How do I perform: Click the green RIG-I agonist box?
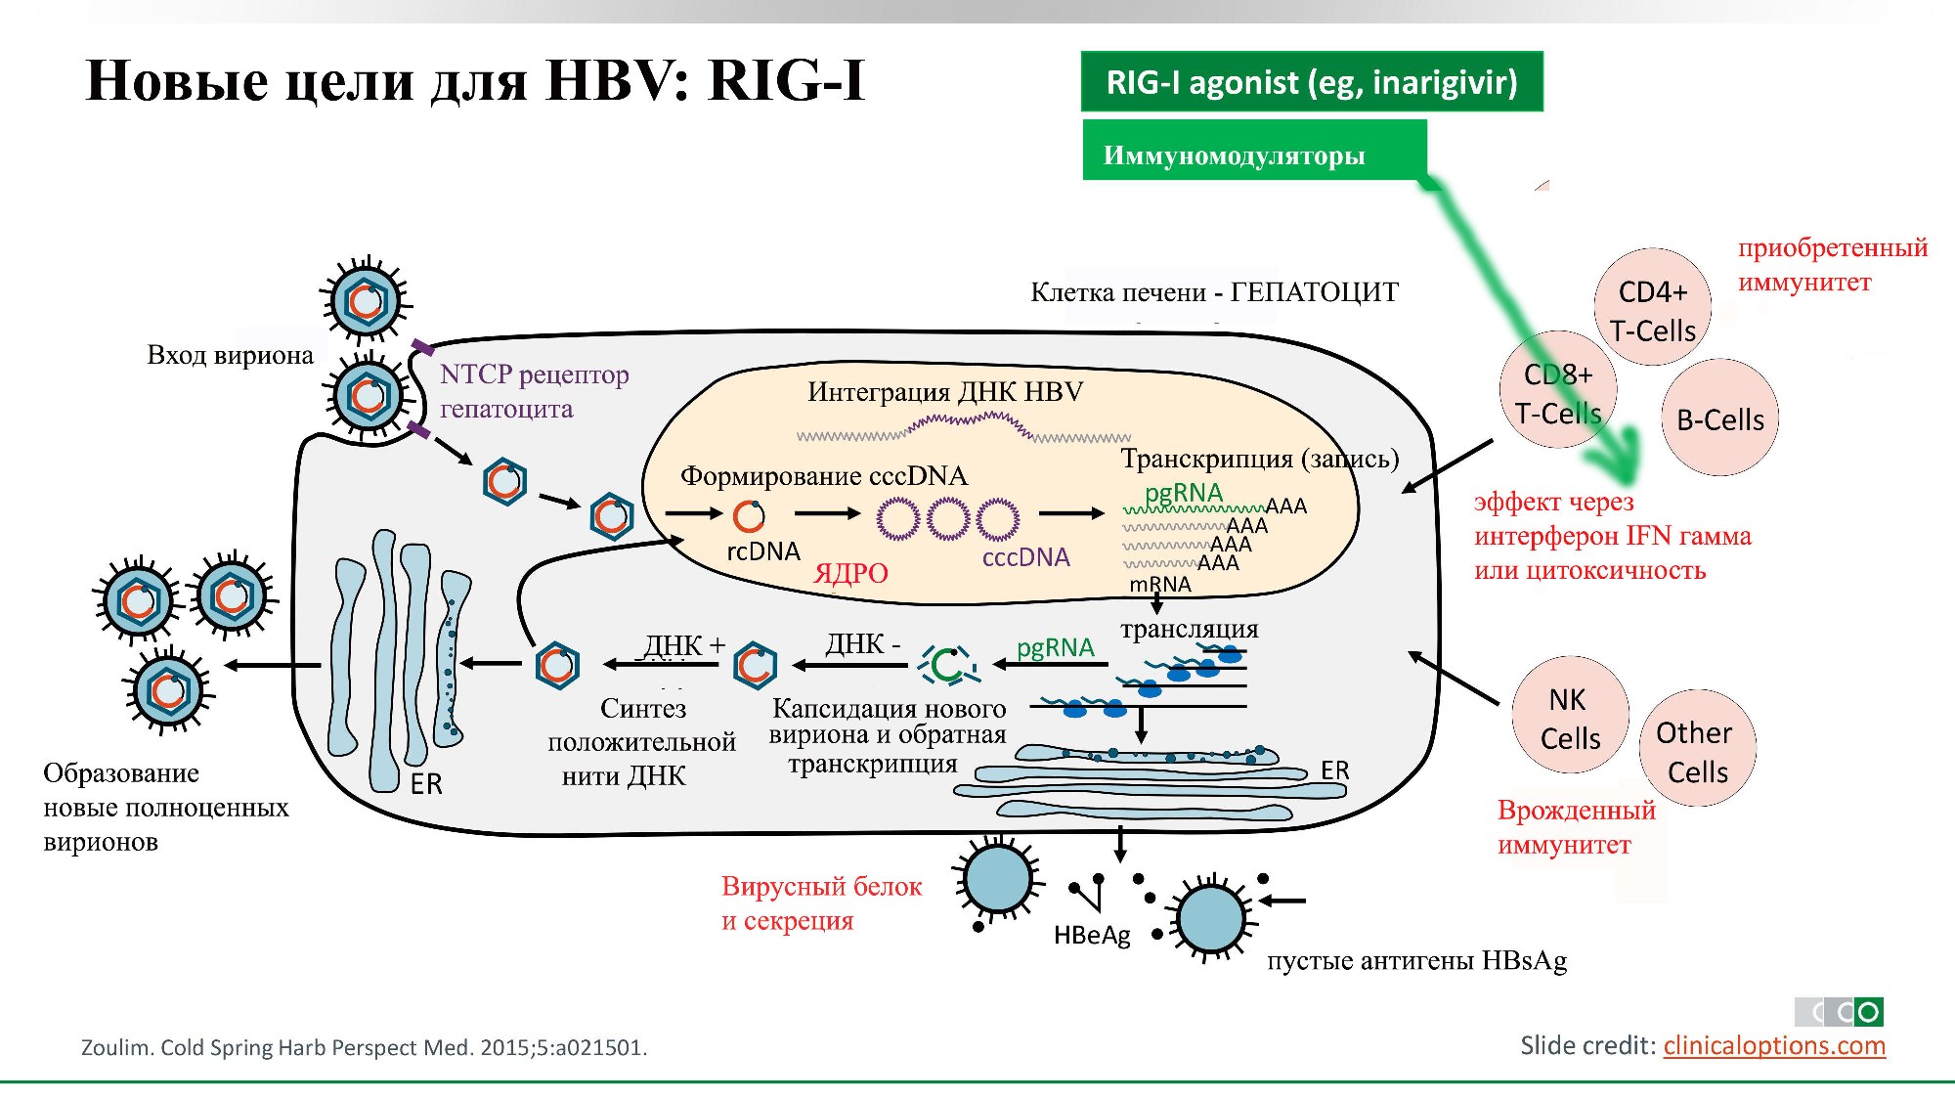pyautogui.click(x=1311, y=82)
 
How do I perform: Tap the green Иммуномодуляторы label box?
pyautogui.click(x=1253, y=153)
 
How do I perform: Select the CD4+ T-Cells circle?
pyautogui.click(x=1653, y=309)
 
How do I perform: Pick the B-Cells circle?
pyautogui.click(x=1720, y=418)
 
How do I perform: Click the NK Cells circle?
pyautogui.click(x=1570, y=717)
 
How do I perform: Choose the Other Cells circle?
pyautogui.click(x=1697, y=750)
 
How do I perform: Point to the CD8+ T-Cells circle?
pyautogui.click(x=1557, y=391)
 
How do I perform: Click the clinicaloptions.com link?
pyautogui.click(x=1773, y=1045)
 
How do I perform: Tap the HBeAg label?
pyautogui.click(x=1092, y=936)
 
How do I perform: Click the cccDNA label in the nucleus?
pyautogui.click(x=1025, y=557)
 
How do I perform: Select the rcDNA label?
pyautogui.click(x=763, y=551)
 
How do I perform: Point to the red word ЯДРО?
pyautogui.click(x=850, y=573)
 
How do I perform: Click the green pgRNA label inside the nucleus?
pyautogui.click(x=1184, y=493)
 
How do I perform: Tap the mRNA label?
pyautogui.click(x=1160, y=585)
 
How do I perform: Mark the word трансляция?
pyautogui.click(x=1190, y=629)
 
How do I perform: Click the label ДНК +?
pyautogui.click(x=683, y=645)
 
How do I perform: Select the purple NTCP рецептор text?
pyautogui.click(x=534, y=374)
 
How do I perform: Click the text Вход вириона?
pyautogui.click(x=230, y=355)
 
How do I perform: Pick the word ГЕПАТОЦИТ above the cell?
pyautogui.click(x=1314, y=292)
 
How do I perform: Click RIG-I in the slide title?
pyautogui.click(x=786, y=80)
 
